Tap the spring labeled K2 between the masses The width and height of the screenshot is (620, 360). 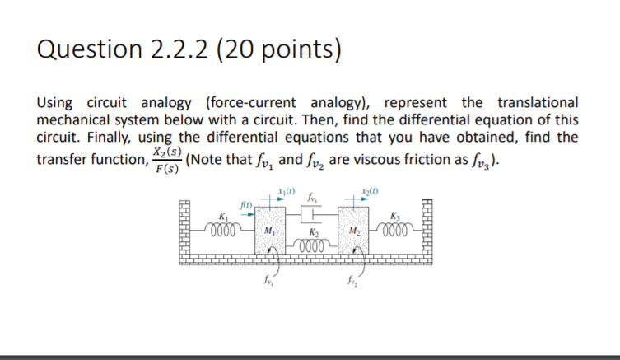tap(311, 245)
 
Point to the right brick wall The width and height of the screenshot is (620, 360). tap(433, 230)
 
